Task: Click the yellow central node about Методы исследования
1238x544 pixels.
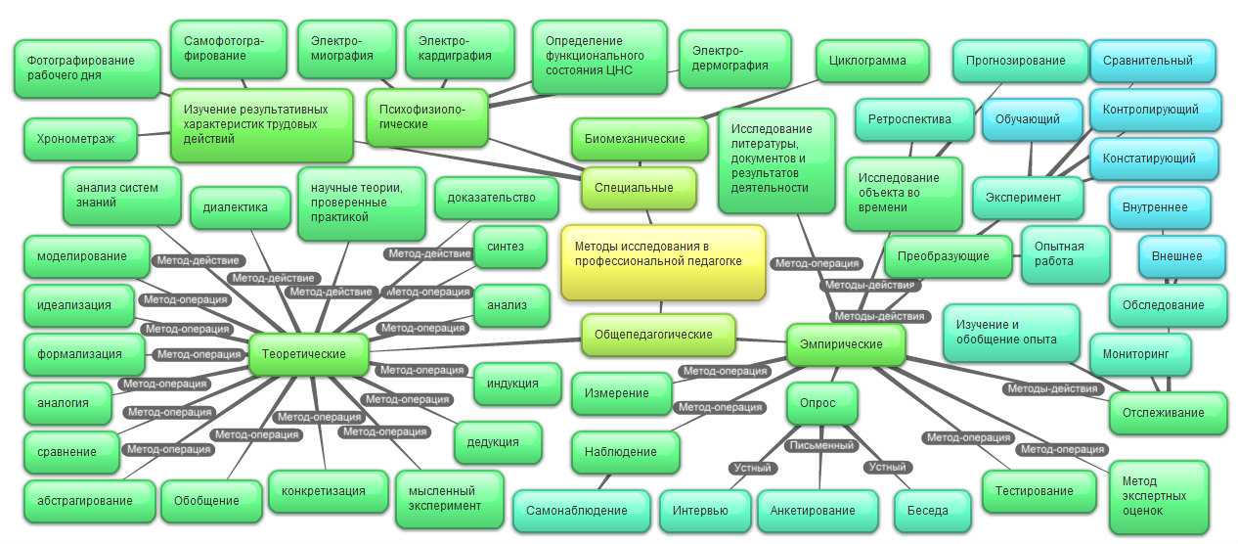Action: tap(663, 262)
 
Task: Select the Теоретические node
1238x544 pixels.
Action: tap(308, 354)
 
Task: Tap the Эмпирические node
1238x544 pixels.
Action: tap(846, 345)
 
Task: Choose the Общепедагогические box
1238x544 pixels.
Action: tap(658, 335)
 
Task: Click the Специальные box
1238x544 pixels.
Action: tap(639, 188)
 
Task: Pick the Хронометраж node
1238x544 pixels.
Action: tap(80, 139)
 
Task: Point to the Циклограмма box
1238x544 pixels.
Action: tap(872, 61)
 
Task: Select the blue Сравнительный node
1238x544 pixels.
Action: tap(1152, 61)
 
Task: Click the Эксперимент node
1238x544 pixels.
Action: tap(1028, 198)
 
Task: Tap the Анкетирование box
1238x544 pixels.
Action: tap(817, 511)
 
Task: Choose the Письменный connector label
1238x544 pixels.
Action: tap(821, 445)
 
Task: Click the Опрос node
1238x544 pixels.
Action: tap(821, 403)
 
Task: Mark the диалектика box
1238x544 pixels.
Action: tap(240, 207)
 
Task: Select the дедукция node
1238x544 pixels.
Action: tap(498, 442)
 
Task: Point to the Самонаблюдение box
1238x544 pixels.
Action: tap(581, 511)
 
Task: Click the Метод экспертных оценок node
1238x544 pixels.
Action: tap(1159, 496)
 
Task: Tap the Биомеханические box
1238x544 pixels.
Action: tap(639, 139)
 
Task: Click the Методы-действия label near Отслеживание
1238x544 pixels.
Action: tap(1052, 389)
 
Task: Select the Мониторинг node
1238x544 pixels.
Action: tap(1140, 354)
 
